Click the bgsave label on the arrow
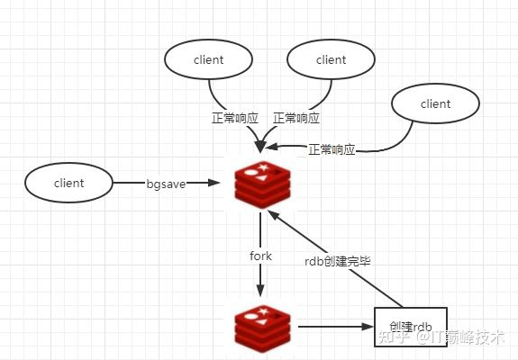click(166, 184)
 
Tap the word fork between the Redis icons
click(260, 256)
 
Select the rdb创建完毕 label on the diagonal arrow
click(337, 261)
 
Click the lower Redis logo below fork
click(263, 329)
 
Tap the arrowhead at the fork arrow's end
click(260, 290)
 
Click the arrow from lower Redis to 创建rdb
click(336, 327)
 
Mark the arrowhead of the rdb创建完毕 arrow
click(274, 216)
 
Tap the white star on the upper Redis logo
click(263, 167)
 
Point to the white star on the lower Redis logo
click(263, 311)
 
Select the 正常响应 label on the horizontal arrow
click(332, 149)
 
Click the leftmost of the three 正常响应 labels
click(235, 118)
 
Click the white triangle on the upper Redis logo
click(261, 178)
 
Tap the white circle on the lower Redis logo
click(250, 317)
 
